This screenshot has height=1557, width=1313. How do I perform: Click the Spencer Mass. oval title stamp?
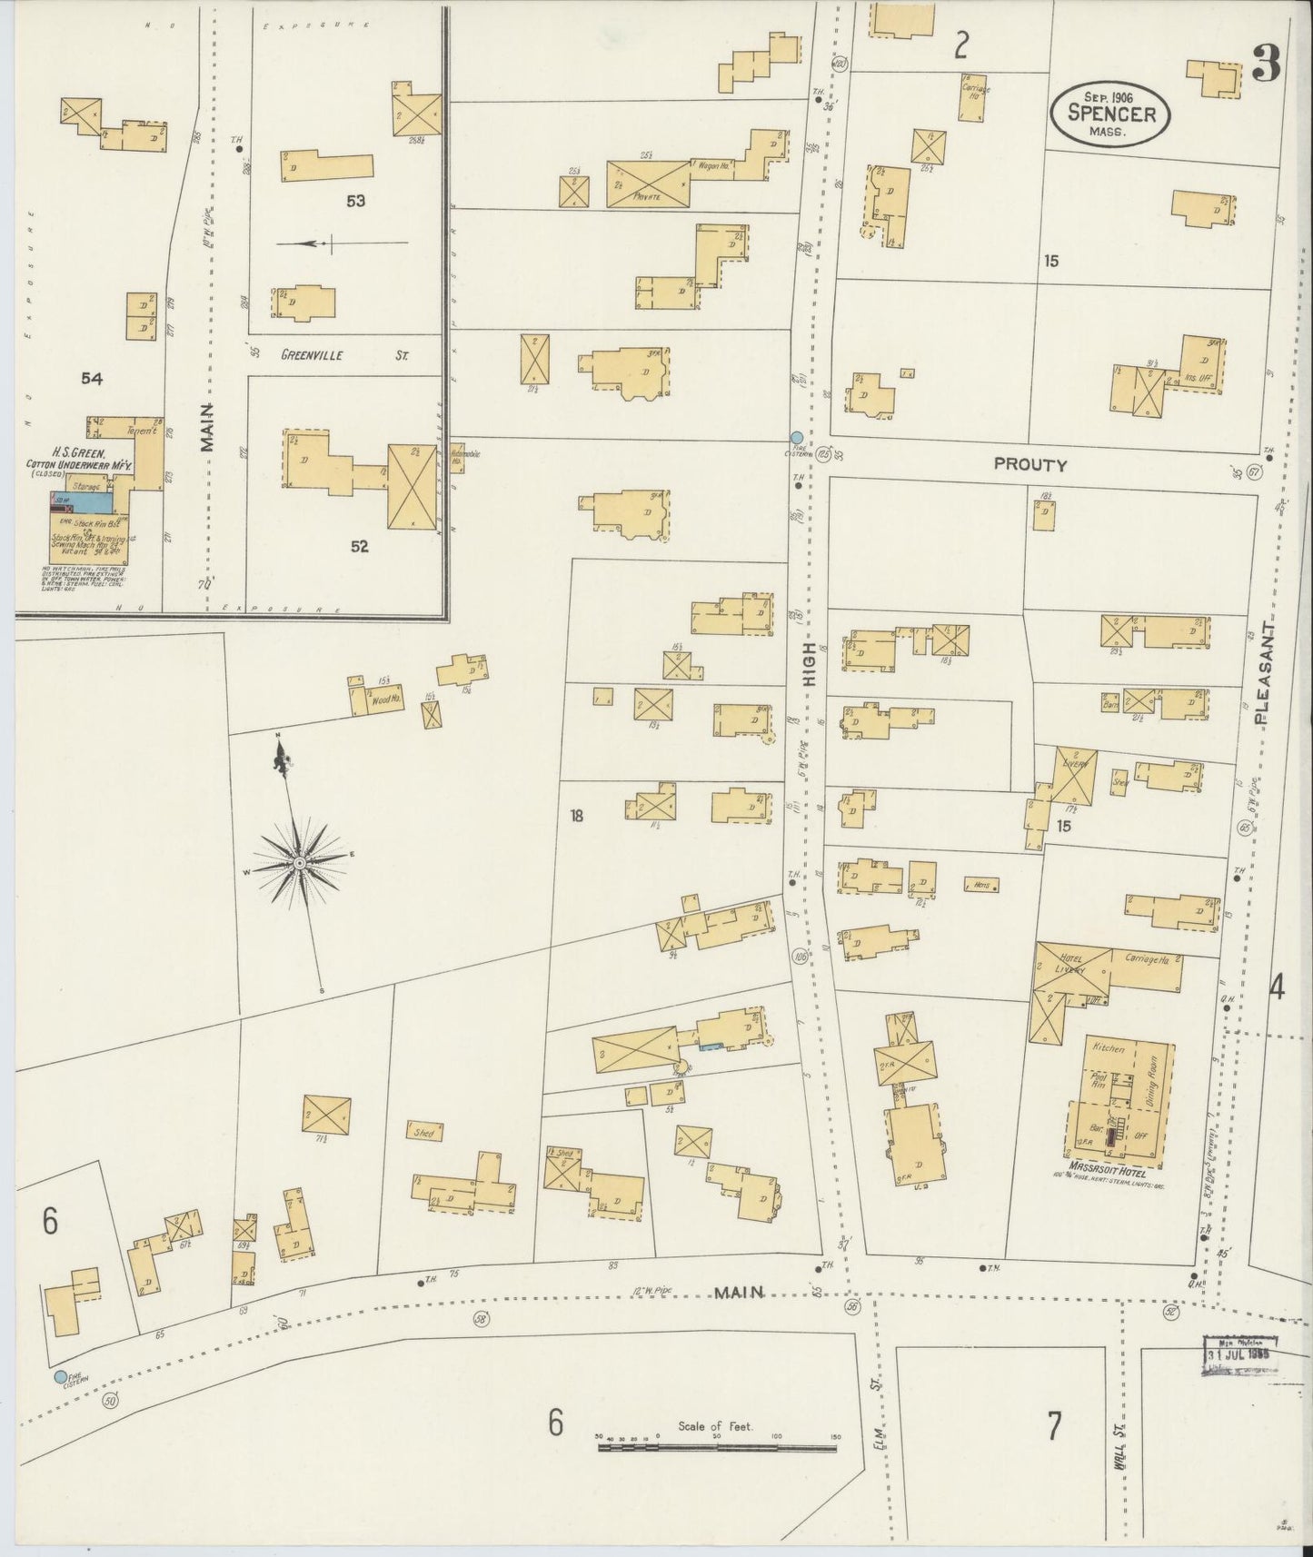pyautogui.click(x=1109, y=113)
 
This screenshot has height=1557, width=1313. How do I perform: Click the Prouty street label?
pyautogui.click(x=1030, y=464)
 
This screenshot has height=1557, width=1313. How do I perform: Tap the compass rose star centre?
pyautogui.click(x=299, y=861)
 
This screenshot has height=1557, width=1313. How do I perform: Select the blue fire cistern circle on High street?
pyautogui.click(x=797, y=438)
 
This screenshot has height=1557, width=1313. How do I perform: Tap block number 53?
pyautogui.click(x=355, y=200)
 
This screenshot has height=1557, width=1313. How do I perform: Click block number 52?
pyautogui.click(x=360, y=546)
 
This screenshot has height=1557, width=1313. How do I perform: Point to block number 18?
pyautogui.click(x=576, y=815)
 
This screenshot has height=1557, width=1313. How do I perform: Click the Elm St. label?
pyautogui.click(x=878, y=1435)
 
